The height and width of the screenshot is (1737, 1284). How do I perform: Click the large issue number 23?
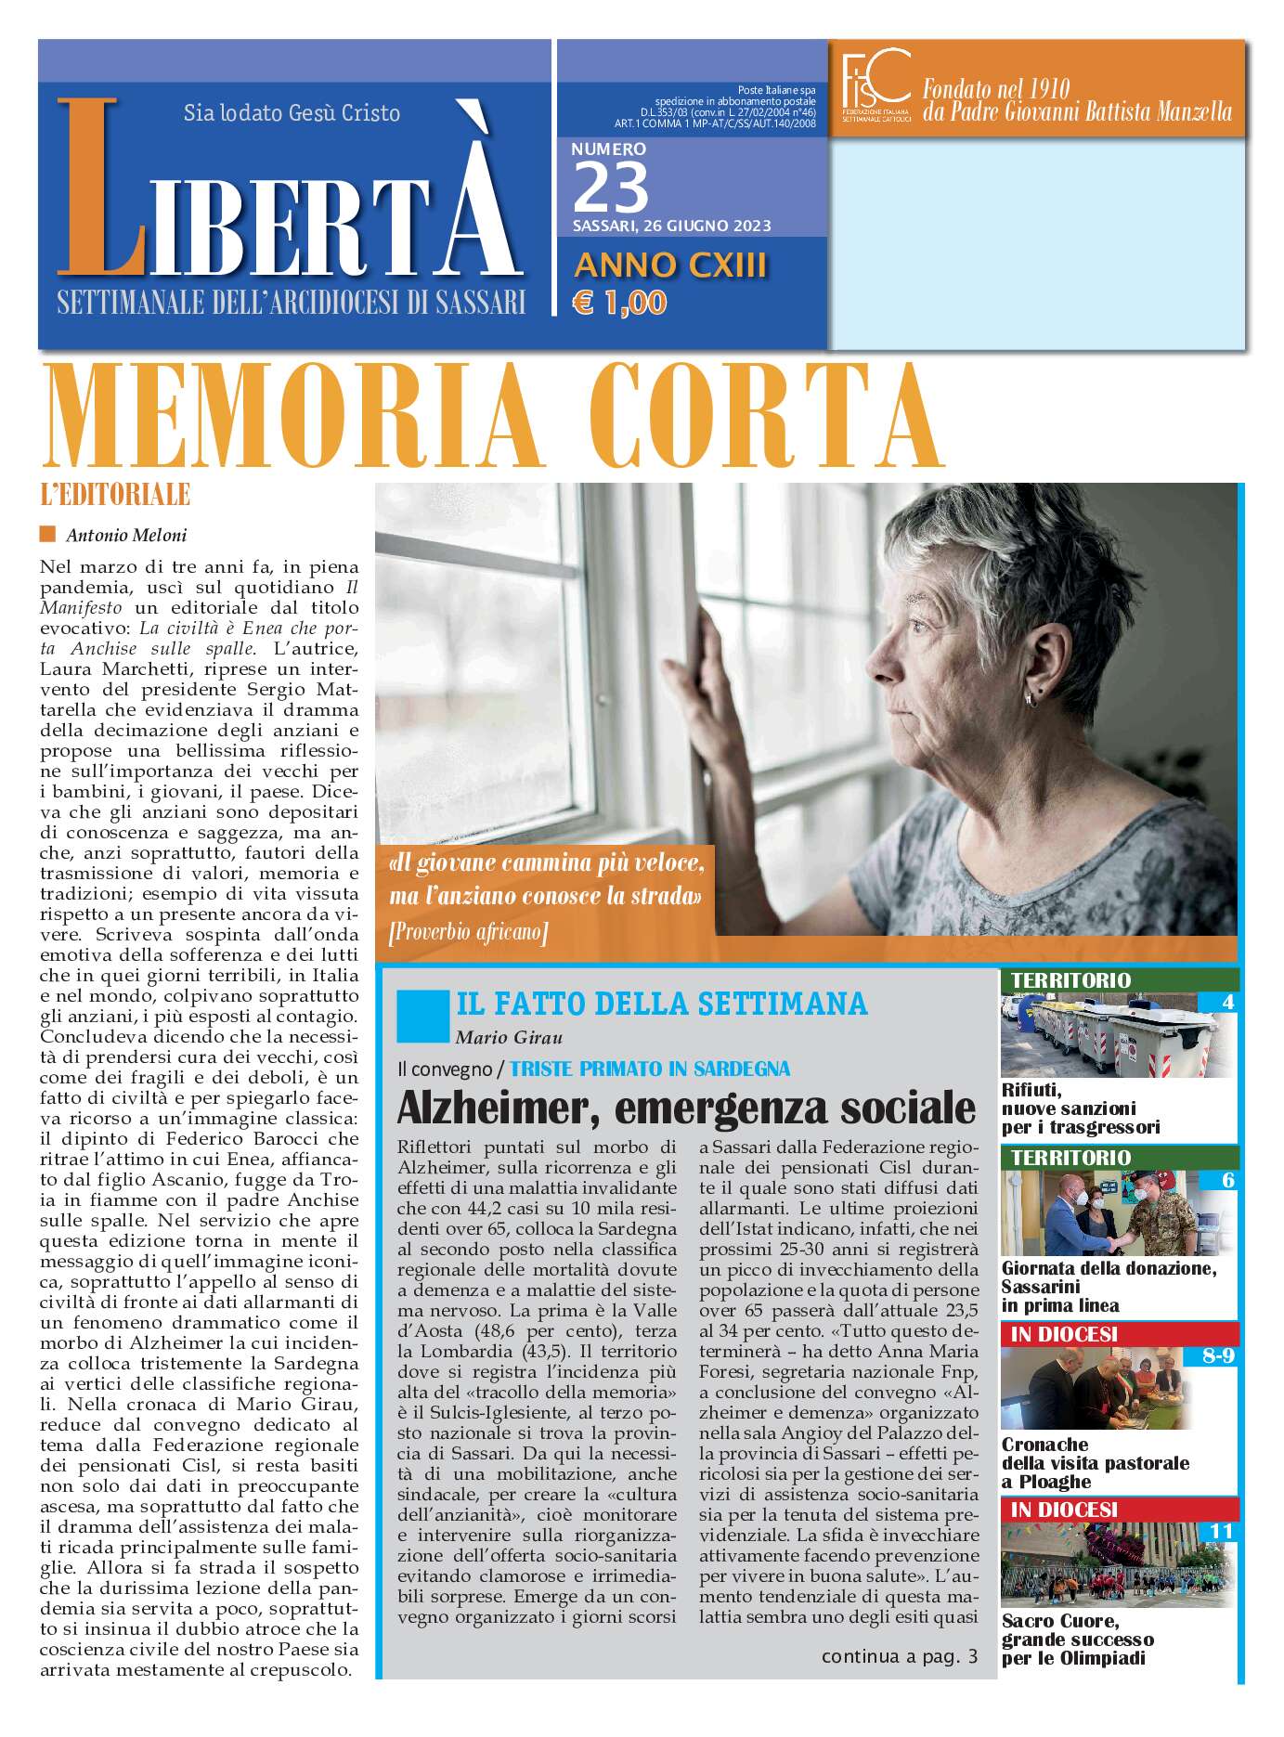tap(610, 187)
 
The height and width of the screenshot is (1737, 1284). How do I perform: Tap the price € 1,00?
tap(619, 303)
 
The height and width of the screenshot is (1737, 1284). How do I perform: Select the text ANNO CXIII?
tap(670, 266)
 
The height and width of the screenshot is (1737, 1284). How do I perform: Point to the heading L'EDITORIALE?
tap(115, 495)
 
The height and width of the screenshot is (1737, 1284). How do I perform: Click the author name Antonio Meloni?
tap(126, 535)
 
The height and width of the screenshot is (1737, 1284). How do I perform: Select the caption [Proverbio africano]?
tap(468, 931)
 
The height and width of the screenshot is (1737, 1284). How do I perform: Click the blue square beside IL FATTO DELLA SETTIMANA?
tap(422, 1016)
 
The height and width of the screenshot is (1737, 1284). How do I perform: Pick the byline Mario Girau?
tap(509, 1037)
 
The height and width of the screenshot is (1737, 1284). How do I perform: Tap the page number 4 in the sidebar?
tap(1227, 1002)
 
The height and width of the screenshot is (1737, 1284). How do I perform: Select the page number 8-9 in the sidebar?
tap(1217, 1355)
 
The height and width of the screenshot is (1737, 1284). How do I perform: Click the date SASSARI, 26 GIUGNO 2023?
tap(671, 226)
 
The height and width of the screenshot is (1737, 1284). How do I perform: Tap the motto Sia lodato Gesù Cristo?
tap(292, 113)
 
